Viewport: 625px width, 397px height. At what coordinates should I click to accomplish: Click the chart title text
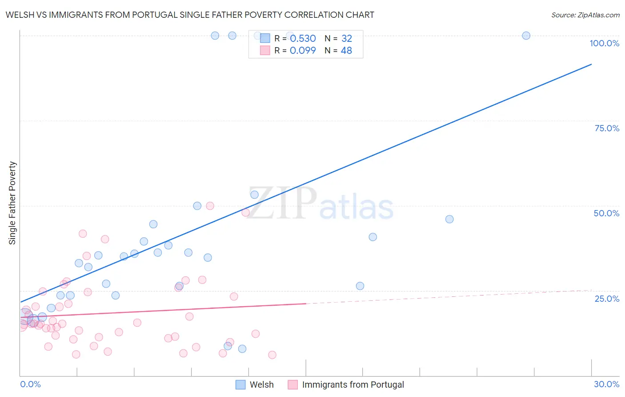(x=190, y=15)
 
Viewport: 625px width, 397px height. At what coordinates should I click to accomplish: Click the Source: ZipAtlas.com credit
(x=585, y=15)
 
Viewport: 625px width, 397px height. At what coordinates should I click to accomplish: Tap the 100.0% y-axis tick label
(x=604, y=43)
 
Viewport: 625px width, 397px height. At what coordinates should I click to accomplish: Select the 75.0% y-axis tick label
(x=607, y=128)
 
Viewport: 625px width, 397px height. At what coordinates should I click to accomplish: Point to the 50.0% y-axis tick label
(x=606, y=213)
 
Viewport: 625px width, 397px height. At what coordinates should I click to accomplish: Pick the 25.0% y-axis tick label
(x=607, y=299)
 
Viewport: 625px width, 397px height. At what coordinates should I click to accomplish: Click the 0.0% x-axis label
(x=30, y=384)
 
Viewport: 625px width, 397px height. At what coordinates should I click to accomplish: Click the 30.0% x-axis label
(x=606, y=384)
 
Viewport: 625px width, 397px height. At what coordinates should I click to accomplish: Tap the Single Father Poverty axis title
(x=12, y=203)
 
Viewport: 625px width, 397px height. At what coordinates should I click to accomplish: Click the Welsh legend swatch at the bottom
(x=240, y=385)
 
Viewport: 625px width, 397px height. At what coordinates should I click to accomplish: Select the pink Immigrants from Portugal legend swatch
(x=292, y=385)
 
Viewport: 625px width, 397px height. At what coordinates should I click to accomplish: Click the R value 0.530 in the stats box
(x=303, y=39)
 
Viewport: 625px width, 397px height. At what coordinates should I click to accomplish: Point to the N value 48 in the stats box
(x=346, y=51)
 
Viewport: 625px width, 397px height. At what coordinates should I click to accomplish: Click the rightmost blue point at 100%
(x=526, y=36)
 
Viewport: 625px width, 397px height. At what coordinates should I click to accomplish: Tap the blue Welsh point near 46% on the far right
(x=449, y=219)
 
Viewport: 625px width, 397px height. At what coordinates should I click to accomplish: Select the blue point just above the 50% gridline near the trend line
(x=254, y=194)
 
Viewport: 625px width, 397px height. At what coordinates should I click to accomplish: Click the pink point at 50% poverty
(x=210, y=206)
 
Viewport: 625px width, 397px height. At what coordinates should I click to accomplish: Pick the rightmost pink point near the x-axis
(x=272, y=355)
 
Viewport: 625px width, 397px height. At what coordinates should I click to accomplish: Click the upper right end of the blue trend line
(x=591, y=65)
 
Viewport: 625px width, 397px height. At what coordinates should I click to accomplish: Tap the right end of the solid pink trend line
(x=306, y=304)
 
